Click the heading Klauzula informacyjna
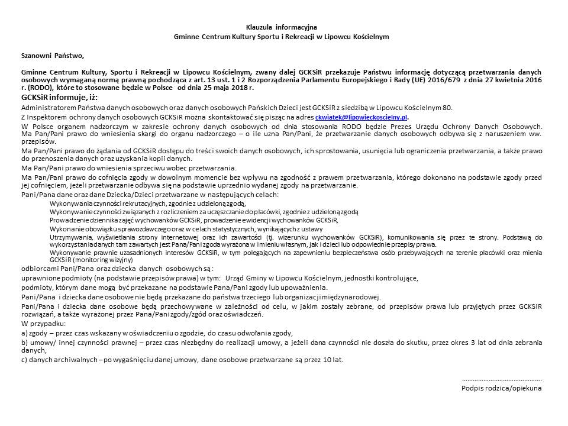(x=281, y=27)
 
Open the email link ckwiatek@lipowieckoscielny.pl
(x=362, y=118)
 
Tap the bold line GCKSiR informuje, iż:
(x=59, y=97)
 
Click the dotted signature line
(x=501, y=379)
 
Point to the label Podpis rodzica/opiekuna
(x=501, y=388)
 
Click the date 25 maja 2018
(x=224, y=88)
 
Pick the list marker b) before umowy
(x=24, y=342)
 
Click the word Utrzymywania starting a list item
(x=69, y=236)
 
